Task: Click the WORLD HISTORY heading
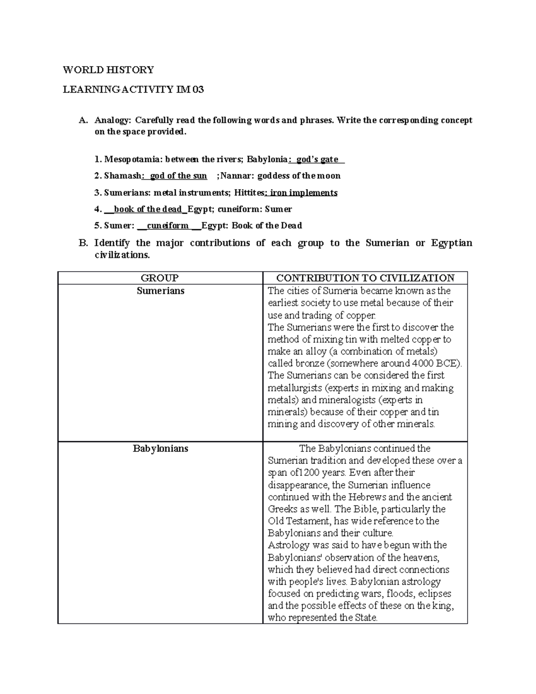tap(108, 70)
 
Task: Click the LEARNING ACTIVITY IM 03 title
tap(133, 90)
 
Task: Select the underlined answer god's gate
tap(318, 160)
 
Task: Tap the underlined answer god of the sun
tap(178, 176)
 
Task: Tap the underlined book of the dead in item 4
tap(148, 209)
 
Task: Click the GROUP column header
tap(160, 278)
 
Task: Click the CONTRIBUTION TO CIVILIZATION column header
tap(365, 278)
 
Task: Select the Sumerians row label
tap(160, 291)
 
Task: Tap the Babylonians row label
tap(160, 449)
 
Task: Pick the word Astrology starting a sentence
tap(289, 545)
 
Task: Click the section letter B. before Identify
tap(82, 243)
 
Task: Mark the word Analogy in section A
tap(113, 121)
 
